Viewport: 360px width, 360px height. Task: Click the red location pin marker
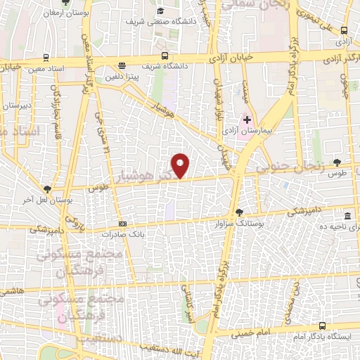(181, 166)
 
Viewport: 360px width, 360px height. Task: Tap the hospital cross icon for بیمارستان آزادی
(247, 120)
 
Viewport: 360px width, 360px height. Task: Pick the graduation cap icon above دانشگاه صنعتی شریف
(161, 11)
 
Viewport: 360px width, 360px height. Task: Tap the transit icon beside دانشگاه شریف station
(165, 56)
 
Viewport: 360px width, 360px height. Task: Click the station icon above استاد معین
(46, 58)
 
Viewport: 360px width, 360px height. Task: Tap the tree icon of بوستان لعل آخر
(47, 189)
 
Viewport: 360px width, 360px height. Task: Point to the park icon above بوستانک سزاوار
(240, 212)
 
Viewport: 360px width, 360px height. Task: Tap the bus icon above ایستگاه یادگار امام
(322, 326)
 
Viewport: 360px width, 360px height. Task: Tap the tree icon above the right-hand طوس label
(337, 163)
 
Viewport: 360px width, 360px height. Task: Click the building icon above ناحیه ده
(348, 216)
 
